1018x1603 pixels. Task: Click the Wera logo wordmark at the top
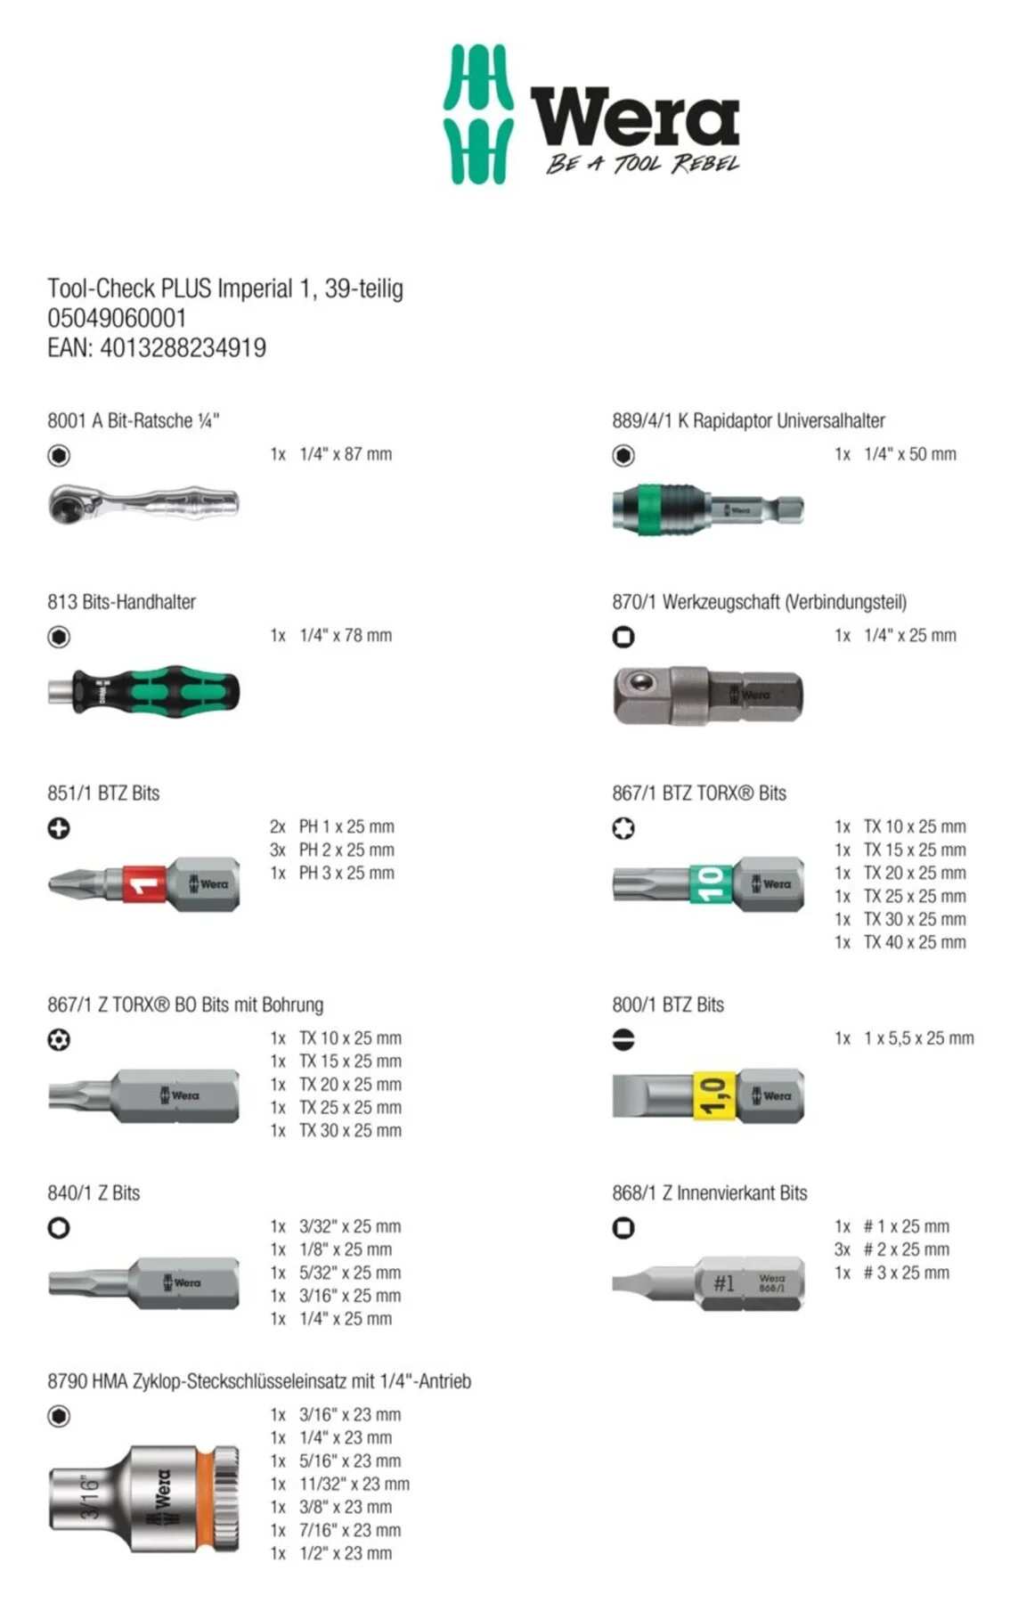[634, 117]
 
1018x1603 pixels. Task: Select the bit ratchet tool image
[143, 503]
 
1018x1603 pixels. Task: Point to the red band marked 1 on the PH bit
[144, 884]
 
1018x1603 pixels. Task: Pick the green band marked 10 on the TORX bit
[710, 883]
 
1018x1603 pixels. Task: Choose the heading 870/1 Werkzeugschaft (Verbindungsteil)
[759, 602]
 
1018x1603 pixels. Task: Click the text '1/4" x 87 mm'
[346, 454]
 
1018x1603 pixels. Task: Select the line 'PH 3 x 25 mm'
[346, 873]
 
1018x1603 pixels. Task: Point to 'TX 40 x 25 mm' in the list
[915, 942]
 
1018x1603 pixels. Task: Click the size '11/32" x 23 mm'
[354, 1484]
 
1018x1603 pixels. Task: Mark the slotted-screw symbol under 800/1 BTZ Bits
[623, 1039]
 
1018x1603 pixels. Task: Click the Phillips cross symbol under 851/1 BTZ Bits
[59, 828]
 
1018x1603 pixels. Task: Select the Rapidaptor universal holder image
[707, 510]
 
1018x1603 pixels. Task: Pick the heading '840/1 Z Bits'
[94, 1193]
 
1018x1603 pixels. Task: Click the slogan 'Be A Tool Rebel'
[642, 163]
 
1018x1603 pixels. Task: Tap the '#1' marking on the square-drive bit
[723, 1282]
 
